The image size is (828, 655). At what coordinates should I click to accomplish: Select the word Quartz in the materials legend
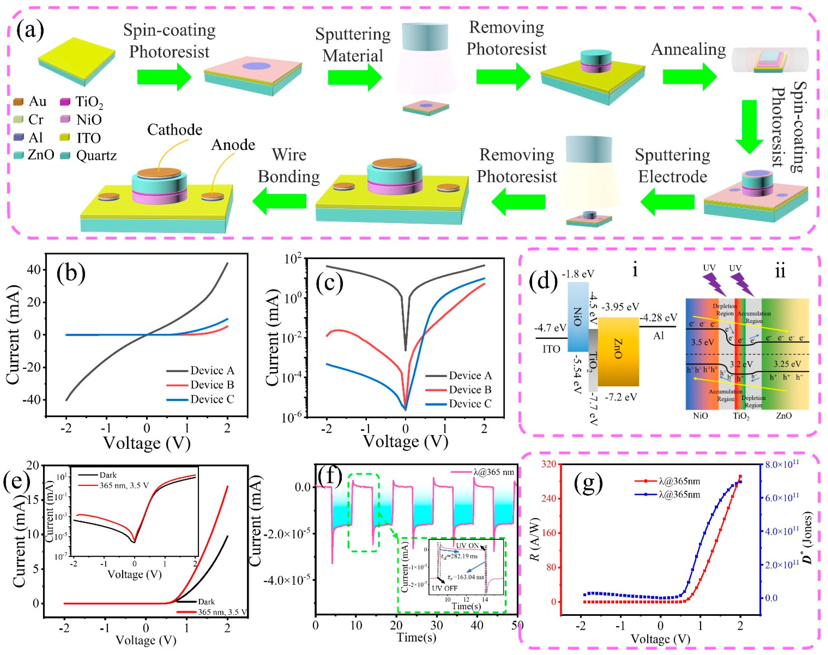click(x=96, y=155)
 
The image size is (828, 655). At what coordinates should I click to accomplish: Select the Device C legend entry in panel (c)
click(x=470, y=404)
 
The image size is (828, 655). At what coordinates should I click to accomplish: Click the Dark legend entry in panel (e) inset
click(x=108, y=475)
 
